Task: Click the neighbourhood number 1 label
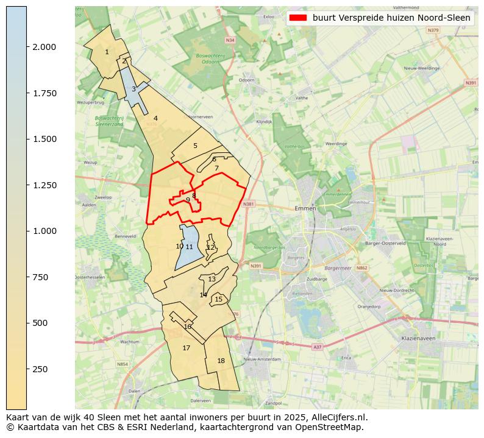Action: pos(107,52)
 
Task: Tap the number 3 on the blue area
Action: pos(133,90)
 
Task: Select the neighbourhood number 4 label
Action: pos(155,119)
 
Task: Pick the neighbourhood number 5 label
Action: pos(195,146)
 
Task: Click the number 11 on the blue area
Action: pos(190,247)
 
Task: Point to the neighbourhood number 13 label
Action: pos(212,280)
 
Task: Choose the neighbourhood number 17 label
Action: pos(187,348)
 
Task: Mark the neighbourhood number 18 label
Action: pos(221,361)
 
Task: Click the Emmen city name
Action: pos(305,208)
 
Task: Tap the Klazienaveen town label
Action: pos(418,337)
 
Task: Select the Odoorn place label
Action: pos(246,80)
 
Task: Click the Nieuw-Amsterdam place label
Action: pos(262,359)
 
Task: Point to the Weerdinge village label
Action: pos(336,144)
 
